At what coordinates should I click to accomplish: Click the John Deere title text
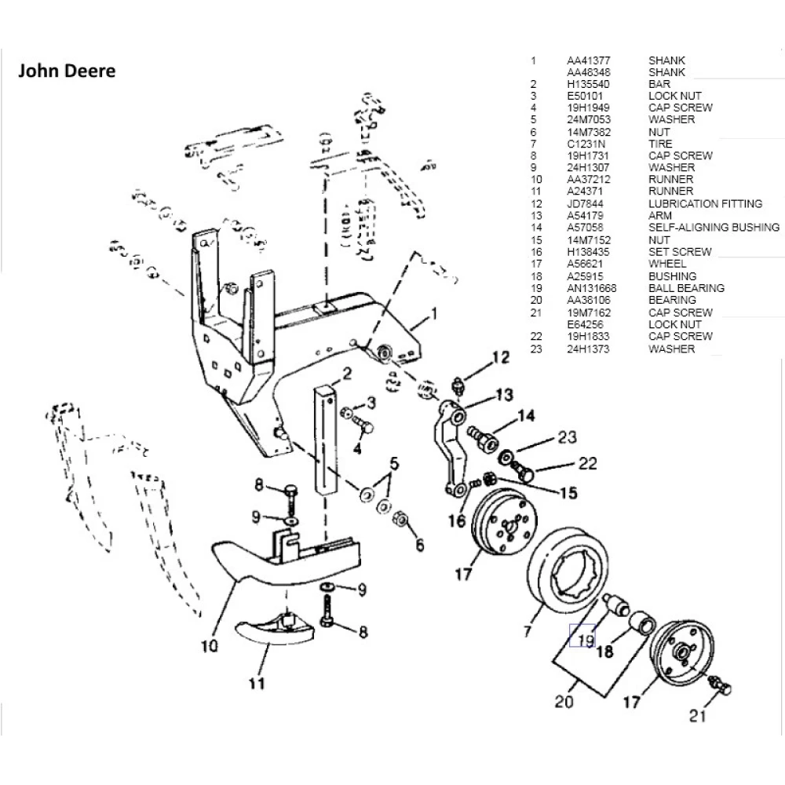pos(67,71)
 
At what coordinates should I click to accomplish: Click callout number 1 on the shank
pos(432,318)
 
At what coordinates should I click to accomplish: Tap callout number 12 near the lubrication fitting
pos(501,358)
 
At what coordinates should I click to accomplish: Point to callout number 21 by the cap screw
pos(699,715)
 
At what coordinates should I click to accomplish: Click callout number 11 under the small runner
pos(257,683)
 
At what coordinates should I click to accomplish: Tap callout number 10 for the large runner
pos(209,647)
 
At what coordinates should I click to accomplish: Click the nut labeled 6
pos(398,519)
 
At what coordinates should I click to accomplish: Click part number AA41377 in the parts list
pos(589,60)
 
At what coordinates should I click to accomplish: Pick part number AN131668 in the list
pos(592,288)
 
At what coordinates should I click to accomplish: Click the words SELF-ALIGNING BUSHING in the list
pos(714,228)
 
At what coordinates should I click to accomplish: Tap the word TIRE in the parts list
pos(660,144)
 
